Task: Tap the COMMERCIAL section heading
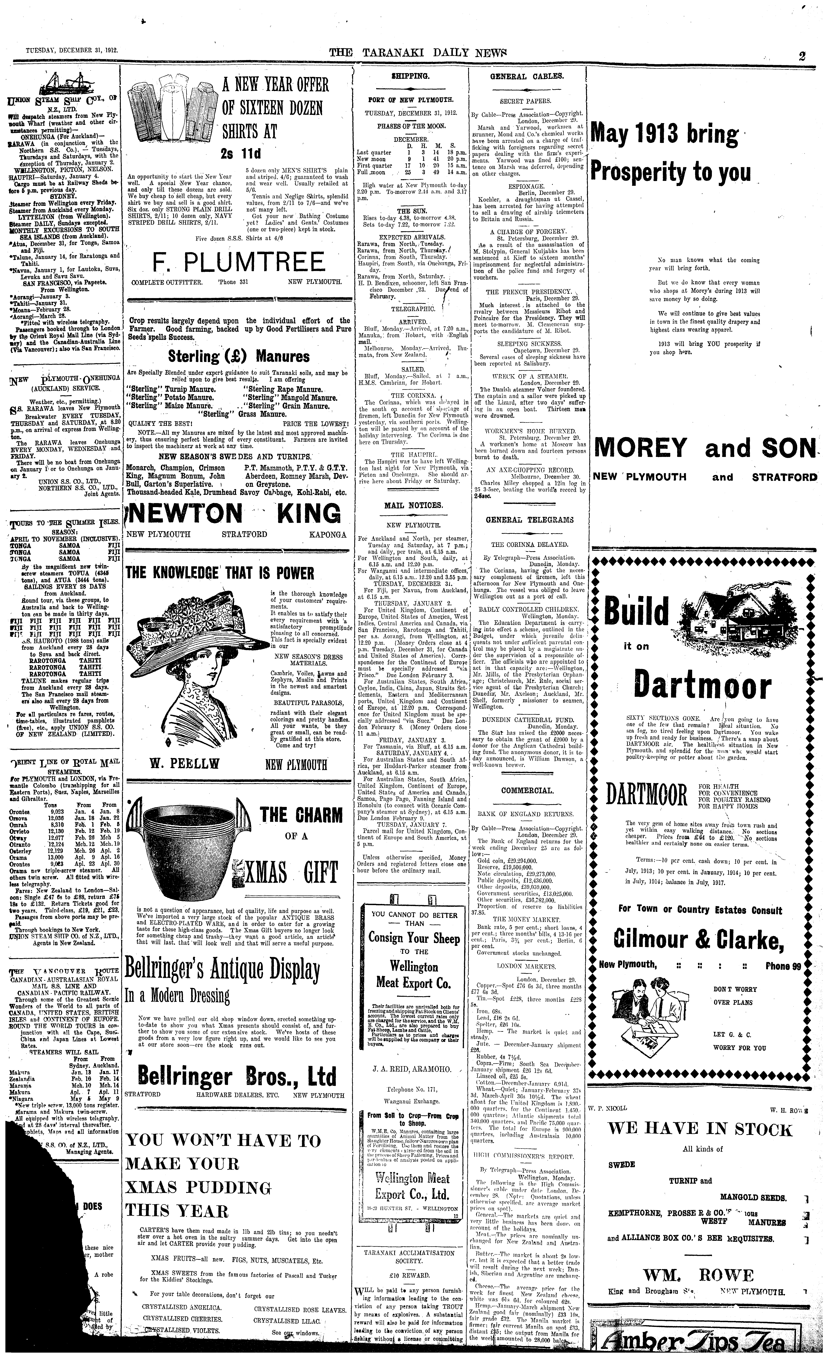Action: [527, 790]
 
